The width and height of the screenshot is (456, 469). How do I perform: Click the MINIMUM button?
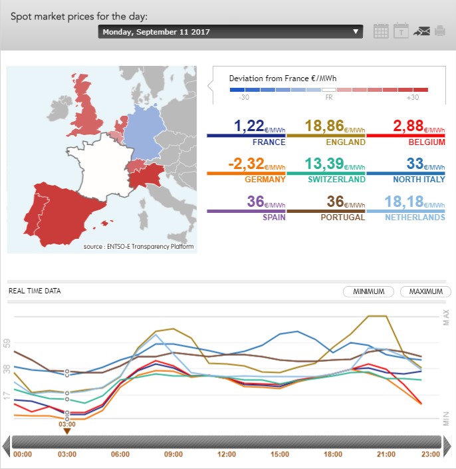click(369, 291)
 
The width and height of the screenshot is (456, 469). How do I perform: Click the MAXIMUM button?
click(425, 291)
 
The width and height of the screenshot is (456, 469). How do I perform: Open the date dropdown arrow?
click(356, 31)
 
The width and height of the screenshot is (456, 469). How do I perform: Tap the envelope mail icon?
click(421, 31)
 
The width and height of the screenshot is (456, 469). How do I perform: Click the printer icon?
click(440, 31)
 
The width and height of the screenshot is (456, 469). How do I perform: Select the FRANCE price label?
click(269, 142)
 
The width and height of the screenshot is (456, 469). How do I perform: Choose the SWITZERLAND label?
click(336, 179)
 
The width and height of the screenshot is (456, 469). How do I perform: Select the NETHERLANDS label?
click(415, 217)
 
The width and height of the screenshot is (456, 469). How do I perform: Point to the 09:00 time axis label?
click(173, 454)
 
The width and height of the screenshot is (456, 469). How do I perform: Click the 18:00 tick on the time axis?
click(332, 454)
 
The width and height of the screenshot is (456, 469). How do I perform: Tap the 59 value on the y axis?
click(7, 344)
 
